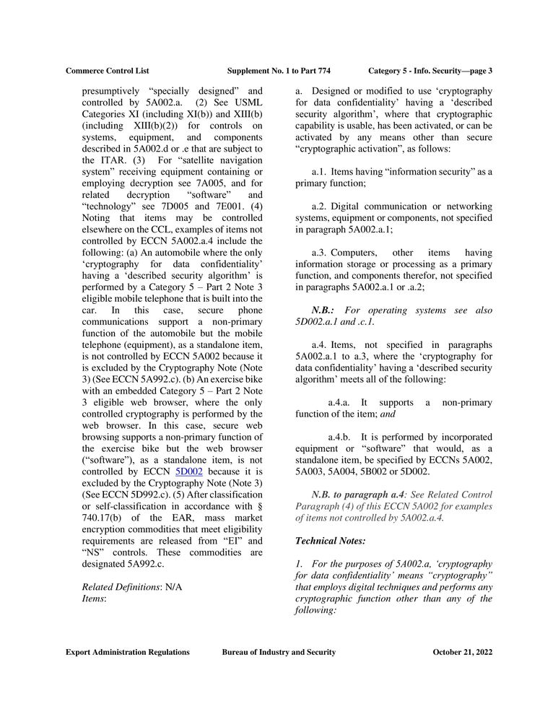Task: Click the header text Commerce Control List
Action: pyautogui.click(x=107, y=71)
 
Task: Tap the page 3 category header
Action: pyautogui.click(x=430, y=71)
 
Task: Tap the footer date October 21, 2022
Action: pyautogui.click(x=462, y=652)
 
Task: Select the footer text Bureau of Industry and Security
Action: pyautogui.click(x=279, y=652)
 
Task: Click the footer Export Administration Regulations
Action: pyautogui.click(x=128, y=652)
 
